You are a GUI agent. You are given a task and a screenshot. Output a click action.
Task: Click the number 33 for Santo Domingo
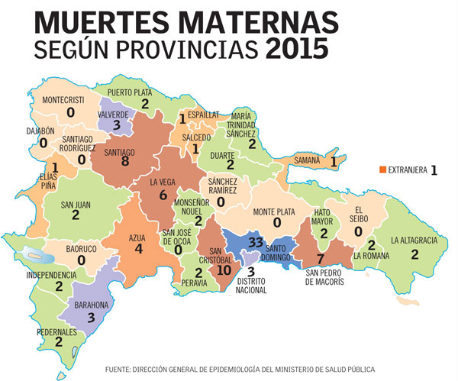[256, 242]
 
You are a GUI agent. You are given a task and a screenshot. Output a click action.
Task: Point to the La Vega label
[163, 182]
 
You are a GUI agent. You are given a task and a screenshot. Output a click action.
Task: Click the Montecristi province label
[69, 100]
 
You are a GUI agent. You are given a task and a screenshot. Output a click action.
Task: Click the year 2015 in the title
[298, 49]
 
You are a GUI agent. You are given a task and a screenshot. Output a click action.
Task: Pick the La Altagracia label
[414, 241]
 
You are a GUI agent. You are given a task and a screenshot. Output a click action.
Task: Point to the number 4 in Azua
[139, 248]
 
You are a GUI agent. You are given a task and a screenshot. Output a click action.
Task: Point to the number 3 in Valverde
[117, 125]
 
